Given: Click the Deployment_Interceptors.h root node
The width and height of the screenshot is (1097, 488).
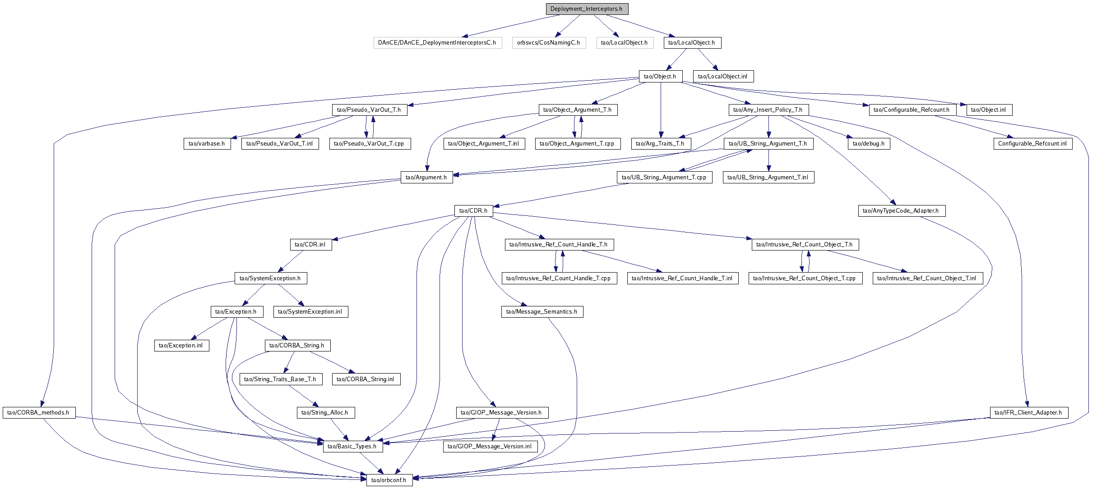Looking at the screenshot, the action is click(x=587, y=9).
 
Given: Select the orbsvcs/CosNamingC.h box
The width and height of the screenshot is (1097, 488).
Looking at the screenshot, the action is click(x=549, y=43).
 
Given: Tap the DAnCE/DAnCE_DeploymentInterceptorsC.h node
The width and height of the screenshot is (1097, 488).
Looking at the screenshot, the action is click(x=437, y=43).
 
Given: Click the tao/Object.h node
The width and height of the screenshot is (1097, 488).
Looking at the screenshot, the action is click(x=660, y=77).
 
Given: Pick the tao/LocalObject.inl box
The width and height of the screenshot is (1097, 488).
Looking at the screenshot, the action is click(x=723, y=77).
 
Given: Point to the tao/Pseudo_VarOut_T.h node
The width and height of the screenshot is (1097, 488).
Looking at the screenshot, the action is click(x=370, y=110).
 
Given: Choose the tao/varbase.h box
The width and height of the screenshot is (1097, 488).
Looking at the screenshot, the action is click(x=207, y=144).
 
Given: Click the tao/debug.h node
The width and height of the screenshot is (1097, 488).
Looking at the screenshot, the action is click(x=869, y=144).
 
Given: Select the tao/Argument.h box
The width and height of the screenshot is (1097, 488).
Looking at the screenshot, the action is click(x=426, y=178).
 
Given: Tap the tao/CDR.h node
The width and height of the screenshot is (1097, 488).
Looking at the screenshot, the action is click(x=473, y=211).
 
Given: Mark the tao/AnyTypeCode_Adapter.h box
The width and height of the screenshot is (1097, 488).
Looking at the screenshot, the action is click(x=901, y=211).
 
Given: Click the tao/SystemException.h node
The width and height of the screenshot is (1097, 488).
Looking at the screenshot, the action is click(x=271, y=278).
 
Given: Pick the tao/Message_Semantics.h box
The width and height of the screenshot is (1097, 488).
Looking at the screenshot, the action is click(x=542, y=312).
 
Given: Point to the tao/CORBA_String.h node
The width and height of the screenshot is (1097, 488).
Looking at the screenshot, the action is click(x=297, y=346).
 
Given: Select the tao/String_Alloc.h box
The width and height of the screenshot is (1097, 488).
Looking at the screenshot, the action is click(x=325, y=413).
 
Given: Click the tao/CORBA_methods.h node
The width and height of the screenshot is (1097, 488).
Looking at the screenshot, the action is click(x=39, y=413).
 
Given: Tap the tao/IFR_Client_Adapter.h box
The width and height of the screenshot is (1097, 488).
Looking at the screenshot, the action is click(x=1028, y=413).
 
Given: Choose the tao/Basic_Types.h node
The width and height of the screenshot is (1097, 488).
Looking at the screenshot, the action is click(x=352, y=447).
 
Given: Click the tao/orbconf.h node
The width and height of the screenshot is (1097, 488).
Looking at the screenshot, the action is click(x=389, y=480).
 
